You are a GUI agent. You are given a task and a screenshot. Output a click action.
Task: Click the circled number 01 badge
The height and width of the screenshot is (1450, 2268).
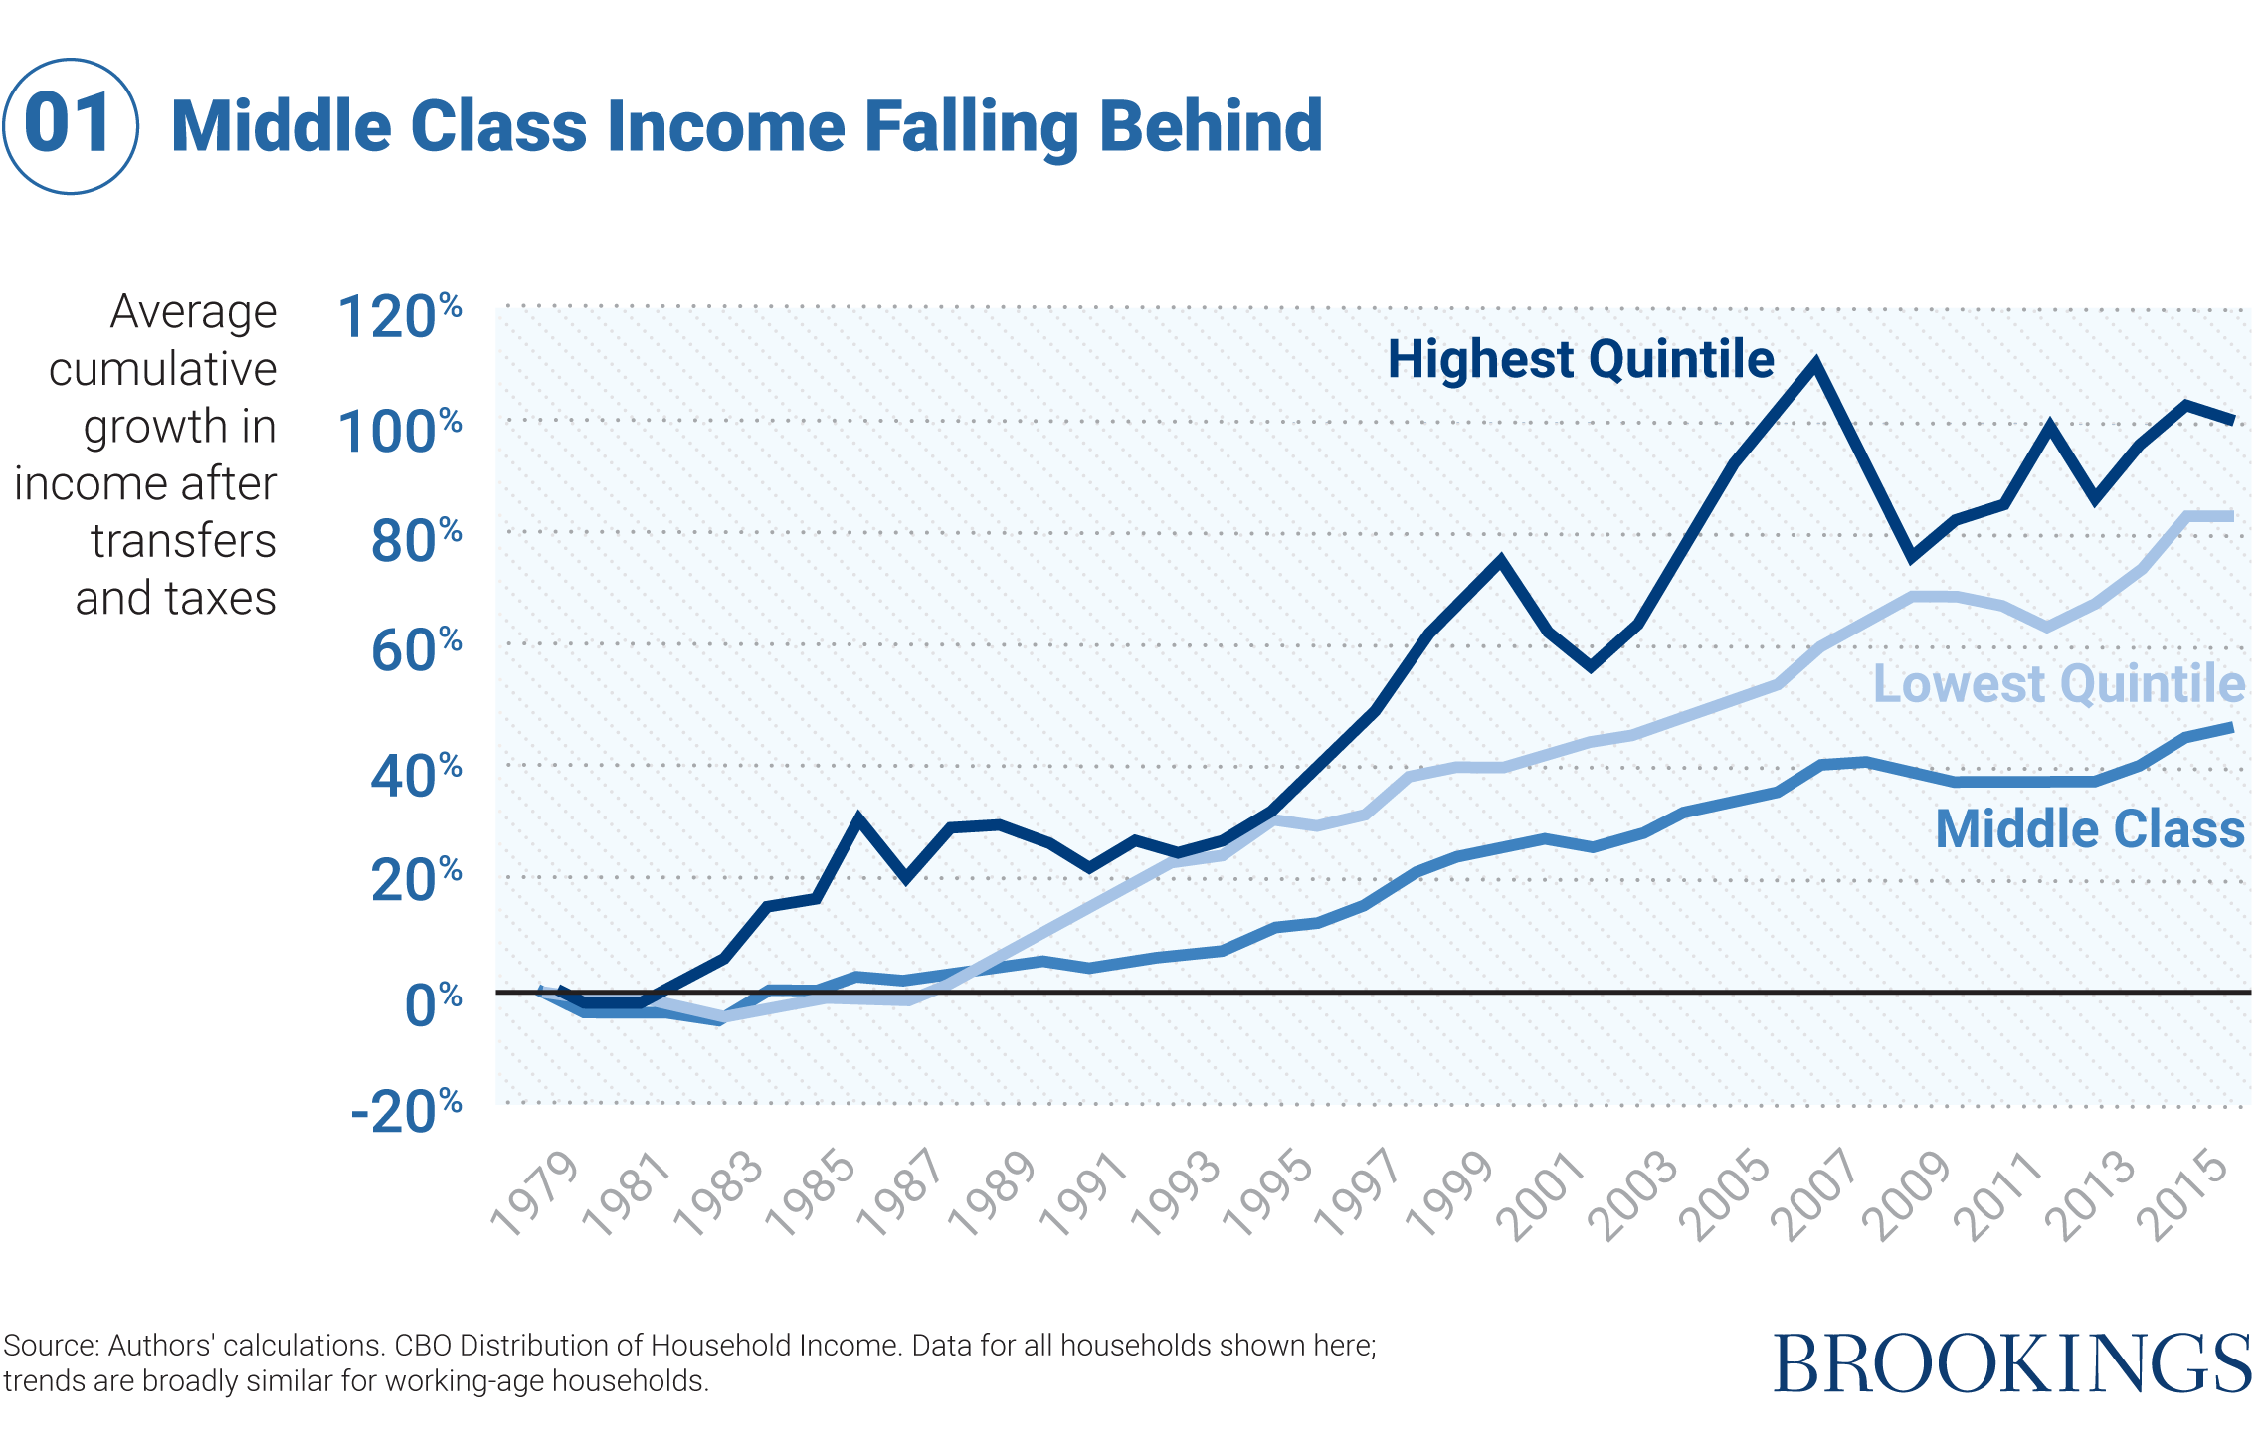coord(71,126)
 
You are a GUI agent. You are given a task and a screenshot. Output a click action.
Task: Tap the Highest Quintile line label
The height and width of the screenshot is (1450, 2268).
coord(1580,359)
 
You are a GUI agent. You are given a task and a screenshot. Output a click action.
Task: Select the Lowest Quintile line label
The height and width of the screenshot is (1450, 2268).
coord(2057,684)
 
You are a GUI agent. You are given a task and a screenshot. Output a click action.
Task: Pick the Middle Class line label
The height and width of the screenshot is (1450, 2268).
coord(2089,829)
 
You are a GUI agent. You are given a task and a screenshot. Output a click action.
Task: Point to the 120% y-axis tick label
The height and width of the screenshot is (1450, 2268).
coord(399,317)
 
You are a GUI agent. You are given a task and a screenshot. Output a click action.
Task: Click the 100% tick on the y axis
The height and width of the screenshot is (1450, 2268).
coord(399,432)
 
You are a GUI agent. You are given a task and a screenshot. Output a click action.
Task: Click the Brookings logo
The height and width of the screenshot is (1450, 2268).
coord(2011,1363)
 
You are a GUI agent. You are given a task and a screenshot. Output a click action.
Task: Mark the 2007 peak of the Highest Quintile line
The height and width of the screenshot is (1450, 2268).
coord(1815,364)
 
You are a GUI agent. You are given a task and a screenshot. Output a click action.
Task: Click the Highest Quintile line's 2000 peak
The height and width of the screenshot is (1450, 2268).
coord(1499,560)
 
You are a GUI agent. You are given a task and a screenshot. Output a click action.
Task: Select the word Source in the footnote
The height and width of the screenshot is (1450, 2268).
coord(50,1346)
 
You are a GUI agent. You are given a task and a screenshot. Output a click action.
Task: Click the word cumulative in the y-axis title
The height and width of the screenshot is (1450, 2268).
coord(163,369)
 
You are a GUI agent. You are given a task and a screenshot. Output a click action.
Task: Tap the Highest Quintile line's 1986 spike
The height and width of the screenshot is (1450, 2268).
coord(857,817)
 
